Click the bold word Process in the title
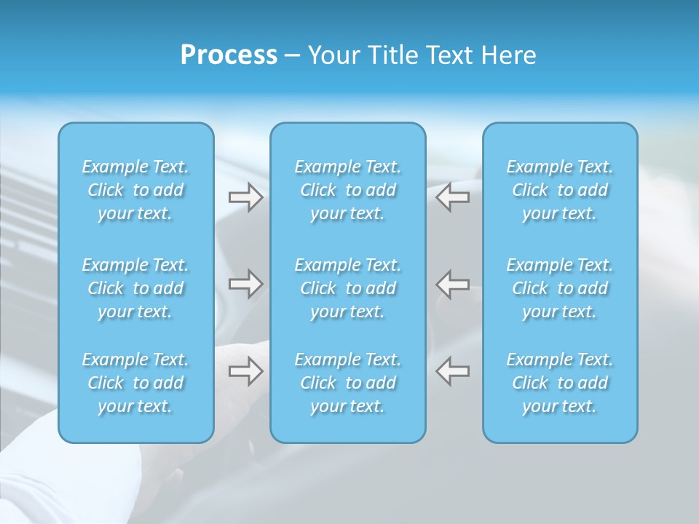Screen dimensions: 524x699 (229, 55)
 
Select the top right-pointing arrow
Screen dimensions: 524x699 (245, 197)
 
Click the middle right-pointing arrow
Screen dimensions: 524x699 (245, 284)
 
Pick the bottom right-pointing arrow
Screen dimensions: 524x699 (245, 371)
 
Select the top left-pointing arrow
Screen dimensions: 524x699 (452, 197)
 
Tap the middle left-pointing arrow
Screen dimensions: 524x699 (452, 284)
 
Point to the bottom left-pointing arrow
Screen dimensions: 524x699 (452, 371)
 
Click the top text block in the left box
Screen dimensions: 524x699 (135, 190)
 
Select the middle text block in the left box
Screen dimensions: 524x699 (135, 288)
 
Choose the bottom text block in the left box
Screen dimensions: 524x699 (135, 383)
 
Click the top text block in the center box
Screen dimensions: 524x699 (348, 190)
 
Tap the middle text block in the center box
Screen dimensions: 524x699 (348, 288)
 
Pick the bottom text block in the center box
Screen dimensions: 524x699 (348, 383)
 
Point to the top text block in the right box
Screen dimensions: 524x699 (560, 190)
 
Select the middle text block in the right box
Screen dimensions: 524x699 (560, 288)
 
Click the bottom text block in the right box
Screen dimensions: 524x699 (560, 383)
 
